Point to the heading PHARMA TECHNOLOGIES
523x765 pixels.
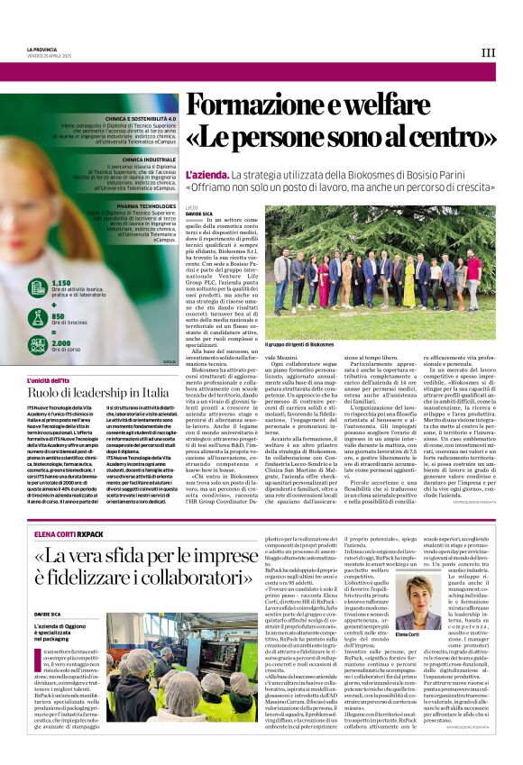click(145, 205)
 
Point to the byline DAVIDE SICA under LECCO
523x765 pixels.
click(199, 214)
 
